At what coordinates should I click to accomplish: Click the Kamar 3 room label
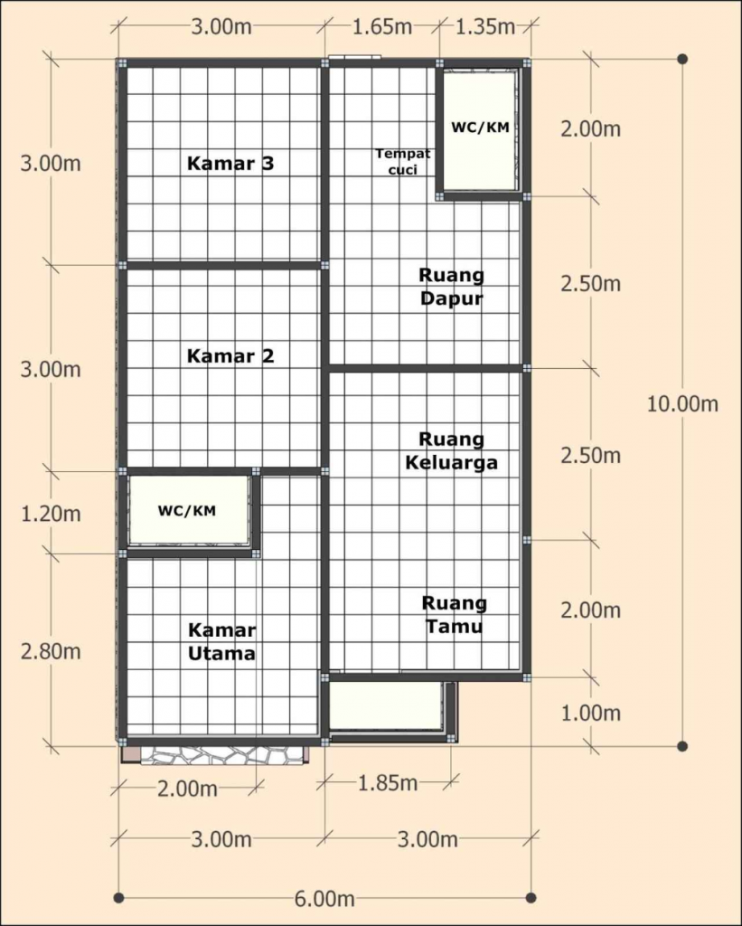pyautogui.click(x=230, y=164)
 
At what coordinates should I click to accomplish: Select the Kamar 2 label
pyautogui.click(x=230, y=356)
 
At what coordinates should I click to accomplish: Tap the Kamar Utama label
pyautogui.click(x=221, y=641)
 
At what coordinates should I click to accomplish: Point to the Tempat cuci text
pyautogui.click(x=403, y=161)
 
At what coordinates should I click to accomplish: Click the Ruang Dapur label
pyautogui.click(x=451, y=286)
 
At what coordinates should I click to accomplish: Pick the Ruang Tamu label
pyautogui.click(x=454, y=614)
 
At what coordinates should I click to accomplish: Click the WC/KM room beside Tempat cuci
pyautogui.click(x=480, y=128)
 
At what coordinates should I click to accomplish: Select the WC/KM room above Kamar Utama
pyautogui.click(x=188, y=511)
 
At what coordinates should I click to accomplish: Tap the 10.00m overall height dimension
pyautogui.click(x=682, y=403)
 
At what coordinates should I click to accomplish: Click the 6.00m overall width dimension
pyautogui.click(x=324, y=898)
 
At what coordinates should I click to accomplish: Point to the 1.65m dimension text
pyautogui.click(x=383, y=26)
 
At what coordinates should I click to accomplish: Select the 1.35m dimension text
pyautogui.click(x=485, y=26)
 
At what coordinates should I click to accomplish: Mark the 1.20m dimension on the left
pyautogui.click(x=52, y=514)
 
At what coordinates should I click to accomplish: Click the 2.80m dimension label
pyautogui.click(x=52, y=651)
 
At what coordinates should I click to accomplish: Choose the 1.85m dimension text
pyautogui.click(x=387, y=781)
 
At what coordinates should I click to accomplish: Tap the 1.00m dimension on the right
pyautogui.click(x=590, y=713)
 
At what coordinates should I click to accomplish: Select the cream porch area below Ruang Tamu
pyautogui.click(x=385, y=705)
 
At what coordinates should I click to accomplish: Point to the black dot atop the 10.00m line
pyautogui.click(x=682, y=60)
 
